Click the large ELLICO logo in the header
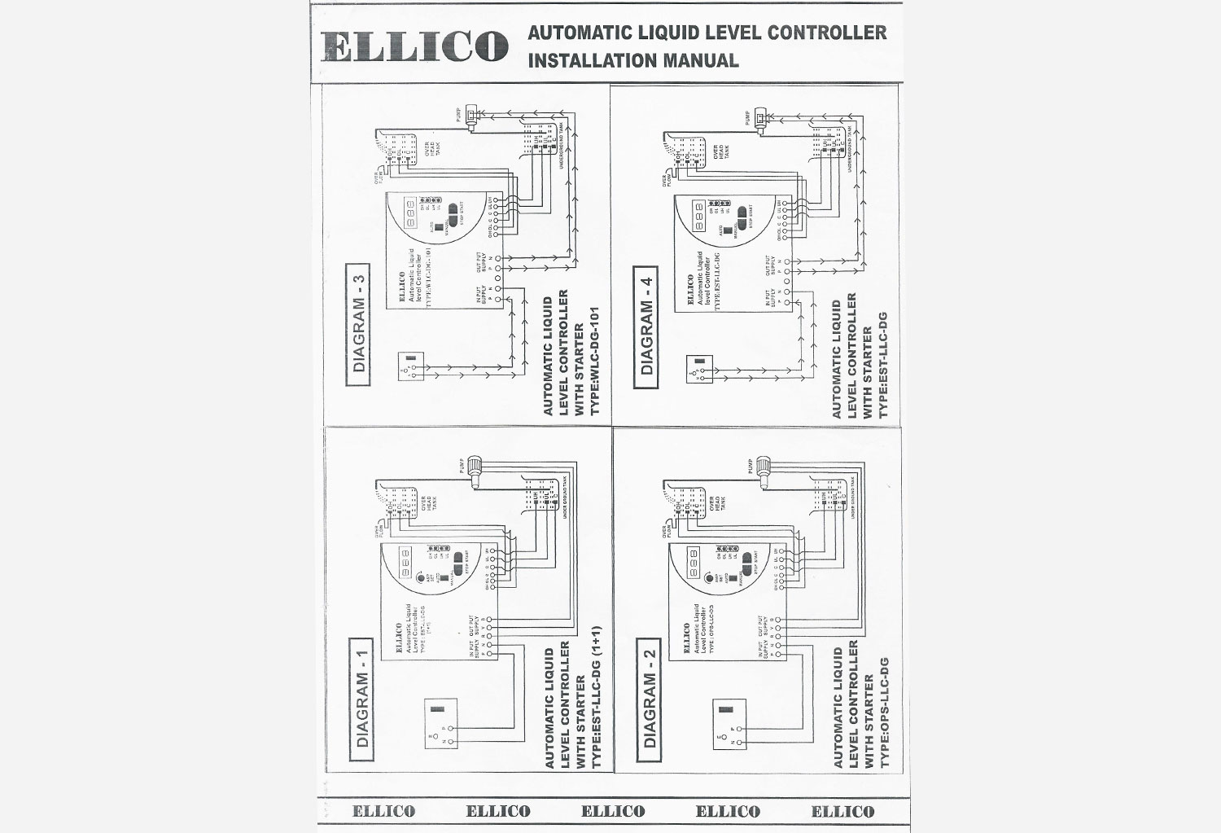[414, 46]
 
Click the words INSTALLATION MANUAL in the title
[633, 60]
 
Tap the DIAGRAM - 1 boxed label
[362, 699]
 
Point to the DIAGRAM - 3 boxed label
[359, 324]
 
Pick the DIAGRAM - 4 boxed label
[647, 327]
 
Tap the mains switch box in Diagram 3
[411, 366]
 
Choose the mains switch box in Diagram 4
[699, 368]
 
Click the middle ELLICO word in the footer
[613, 812]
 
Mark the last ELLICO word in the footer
[842, 812]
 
